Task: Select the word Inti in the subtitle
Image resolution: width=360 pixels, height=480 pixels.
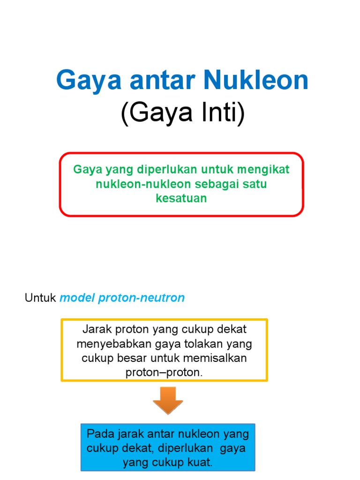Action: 223,115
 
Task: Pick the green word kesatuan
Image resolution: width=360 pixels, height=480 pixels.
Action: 181,198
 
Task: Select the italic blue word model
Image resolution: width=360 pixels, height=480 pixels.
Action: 77,298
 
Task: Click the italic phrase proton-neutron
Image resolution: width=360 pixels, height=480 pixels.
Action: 142,298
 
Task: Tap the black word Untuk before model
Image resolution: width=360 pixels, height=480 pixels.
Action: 40,298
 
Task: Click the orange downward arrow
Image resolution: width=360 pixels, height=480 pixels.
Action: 167,400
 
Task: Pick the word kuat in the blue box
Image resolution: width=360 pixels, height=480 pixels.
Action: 199,463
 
